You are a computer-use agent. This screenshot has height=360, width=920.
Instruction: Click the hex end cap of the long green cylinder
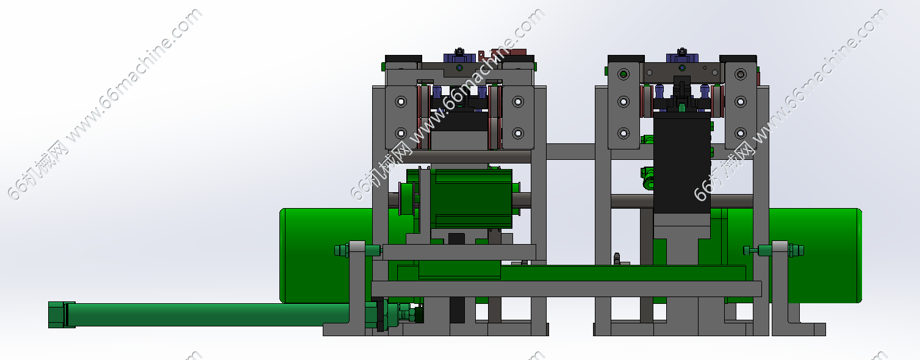(57, 315)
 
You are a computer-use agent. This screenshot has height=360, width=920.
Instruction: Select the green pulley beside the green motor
(406, 198)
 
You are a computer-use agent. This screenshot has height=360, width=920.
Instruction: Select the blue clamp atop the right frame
(682, 57)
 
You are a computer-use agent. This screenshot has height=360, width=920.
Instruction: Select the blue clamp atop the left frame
(459, 57)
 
